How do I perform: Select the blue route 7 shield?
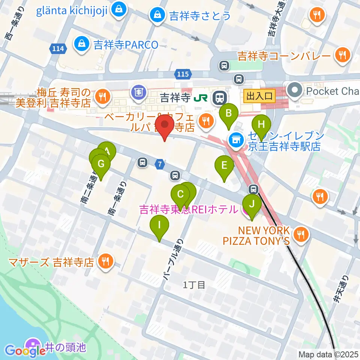click(160, 163)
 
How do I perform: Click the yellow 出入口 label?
click(259, 96)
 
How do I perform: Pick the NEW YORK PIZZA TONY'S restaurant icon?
click(301, 235)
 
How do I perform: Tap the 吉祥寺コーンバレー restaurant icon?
click(343, 55)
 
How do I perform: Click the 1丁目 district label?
click(194, 285)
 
